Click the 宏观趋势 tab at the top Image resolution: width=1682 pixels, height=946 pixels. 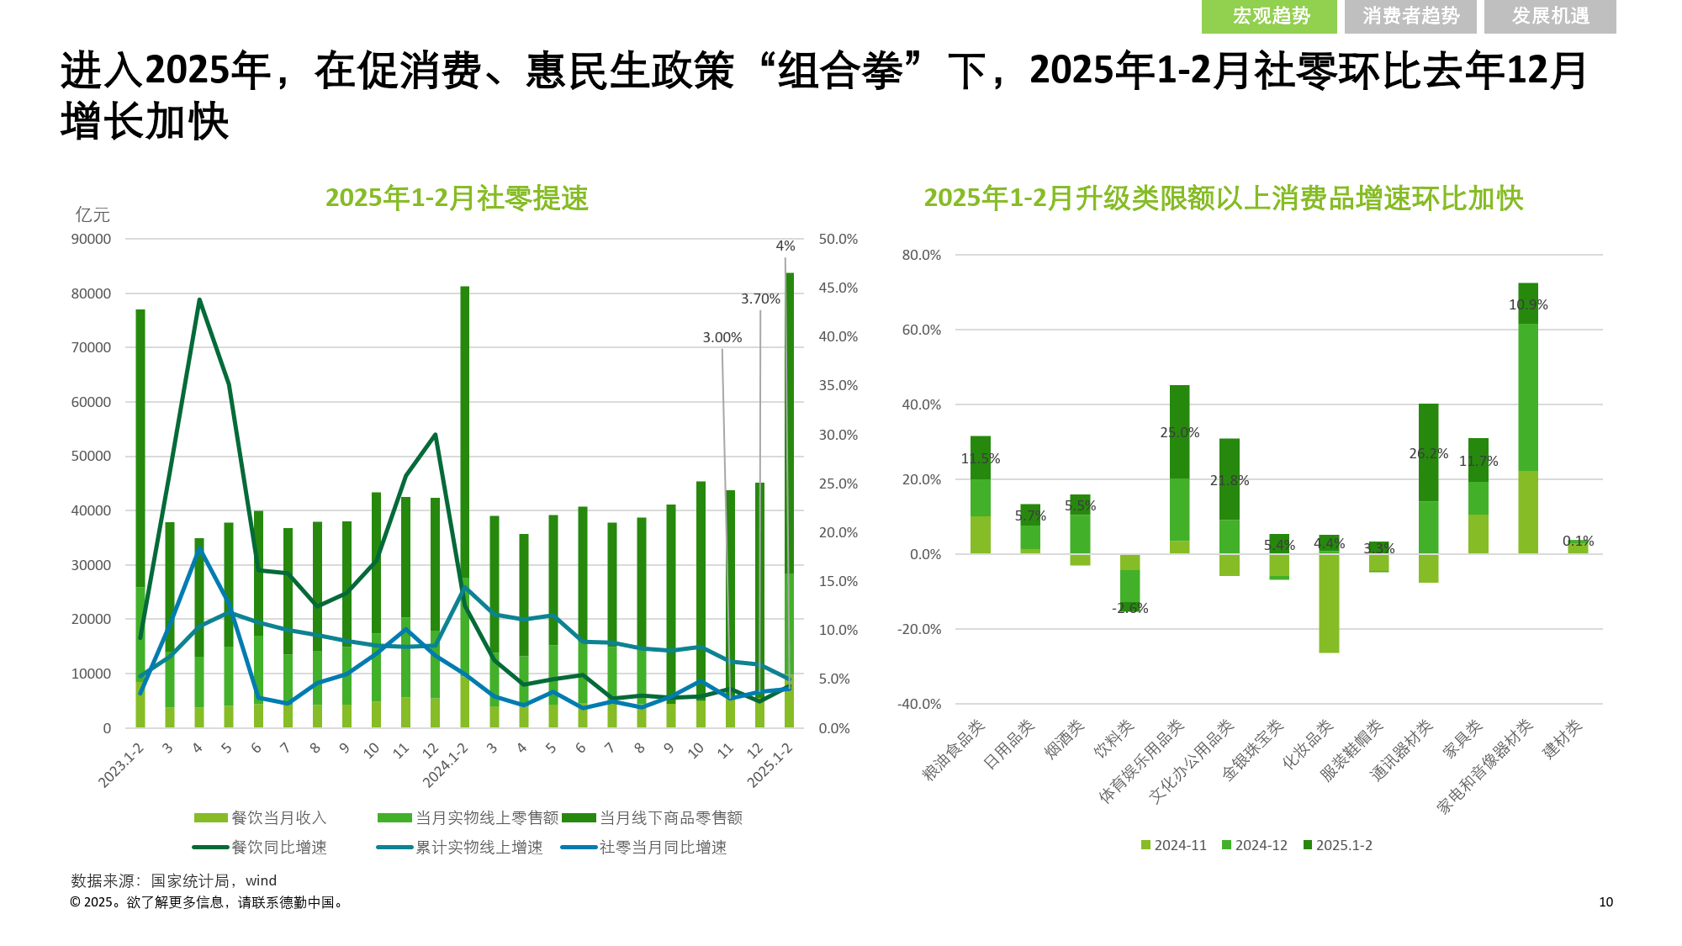point(1269,17)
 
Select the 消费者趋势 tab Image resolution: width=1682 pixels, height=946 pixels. point(1410,17)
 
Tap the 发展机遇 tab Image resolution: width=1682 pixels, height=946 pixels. point(1550,17)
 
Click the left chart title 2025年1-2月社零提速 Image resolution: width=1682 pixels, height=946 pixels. point(457,198)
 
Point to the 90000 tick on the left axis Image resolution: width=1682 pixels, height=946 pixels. point(91,240)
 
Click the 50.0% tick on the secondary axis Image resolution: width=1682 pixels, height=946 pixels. point(838,240)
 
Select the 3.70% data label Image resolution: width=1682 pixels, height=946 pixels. point(760,299)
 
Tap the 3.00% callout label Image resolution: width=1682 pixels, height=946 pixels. point(722,338)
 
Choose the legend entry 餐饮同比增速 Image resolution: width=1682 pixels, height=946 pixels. point(278,848)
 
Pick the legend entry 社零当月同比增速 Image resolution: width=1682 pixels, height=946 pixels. point(663,848)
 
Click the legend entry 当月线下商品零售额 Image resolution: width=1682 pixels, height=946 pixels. point(670,818)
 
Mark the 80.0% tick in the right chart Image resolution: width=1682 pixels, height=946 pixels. point(921,256)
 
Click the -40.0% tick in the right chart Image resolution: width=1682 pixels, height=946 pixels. point(919,705)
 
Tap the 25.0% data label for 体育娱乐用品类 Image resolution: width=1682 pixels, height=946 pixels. point(1180,433)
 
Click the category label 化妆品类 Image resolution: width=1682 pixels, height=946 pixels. point(1309,745)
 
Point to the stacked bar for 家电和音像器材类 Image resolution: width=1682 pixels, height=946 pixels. point(1528,420)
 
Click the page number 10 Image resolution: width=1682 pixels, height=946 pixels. point(1605,902)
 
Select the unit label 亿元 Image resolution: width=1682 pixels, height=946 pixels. point(93,215)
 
